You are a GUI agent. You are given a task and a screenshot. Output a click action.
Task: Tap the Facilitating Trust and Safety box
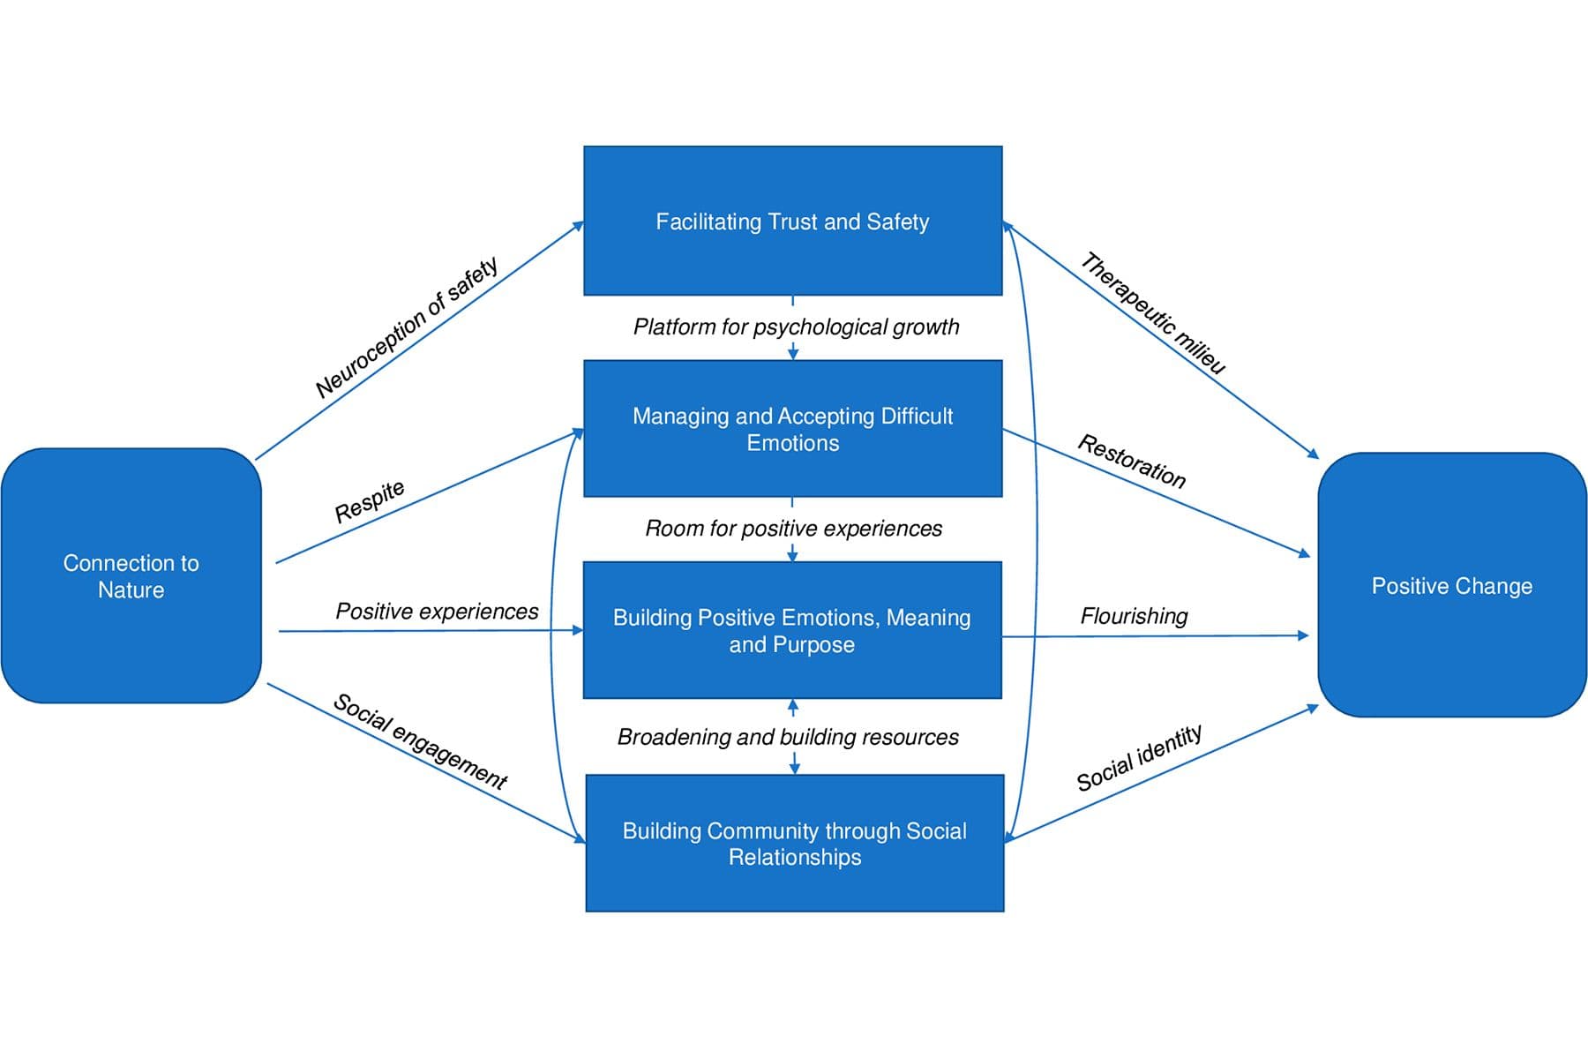click(792, 221)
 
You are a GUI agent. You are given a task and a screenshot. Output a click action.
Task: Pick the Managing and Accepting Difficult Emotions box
click(792, 429)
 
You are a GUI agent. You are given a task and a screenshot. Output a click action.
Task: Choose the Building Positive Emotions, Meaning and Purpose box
click(792, 630)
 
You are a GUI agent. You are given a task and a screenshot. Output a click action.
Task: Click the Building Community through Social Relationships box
click(794, 843)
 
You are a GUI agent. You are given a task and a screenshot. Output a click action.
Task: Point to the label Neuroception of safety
click(407, 327)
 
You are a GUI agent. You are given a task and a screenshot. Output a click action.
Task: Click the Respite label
click(370, 501)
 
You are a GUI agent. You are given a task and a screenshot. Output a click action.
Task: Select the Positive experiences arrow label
click(437, 612)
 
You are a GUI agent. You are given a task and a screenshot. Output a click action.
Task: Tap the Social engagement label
click(420, 741)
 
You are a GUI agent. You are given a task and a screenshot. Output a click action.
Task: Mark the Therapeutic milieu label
click(1153, 313)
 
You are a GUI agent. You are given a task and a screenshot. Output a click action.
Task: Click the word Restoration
click(1132, 461)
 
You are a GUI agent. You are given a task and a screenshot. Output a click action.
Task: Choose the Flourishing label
click(1134, 616)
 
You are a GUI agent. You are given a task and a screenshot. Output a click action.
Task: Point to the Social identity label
click(1139, 758)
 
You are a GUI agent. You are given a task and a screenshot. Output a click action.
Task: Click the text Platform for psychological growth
click(796, 327)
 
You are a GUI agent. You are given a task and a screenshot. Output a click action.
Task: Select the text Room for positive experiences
click(793, 529)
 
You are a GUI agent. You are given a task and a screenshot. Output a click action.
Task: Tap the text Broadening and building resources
click(788, 737)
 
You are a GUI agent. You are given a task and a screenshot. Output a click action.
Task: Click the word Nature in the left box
click(131, 590)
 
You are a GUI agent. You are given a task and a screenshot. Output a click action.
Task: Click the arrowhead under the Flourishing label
click(1303, 635)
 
